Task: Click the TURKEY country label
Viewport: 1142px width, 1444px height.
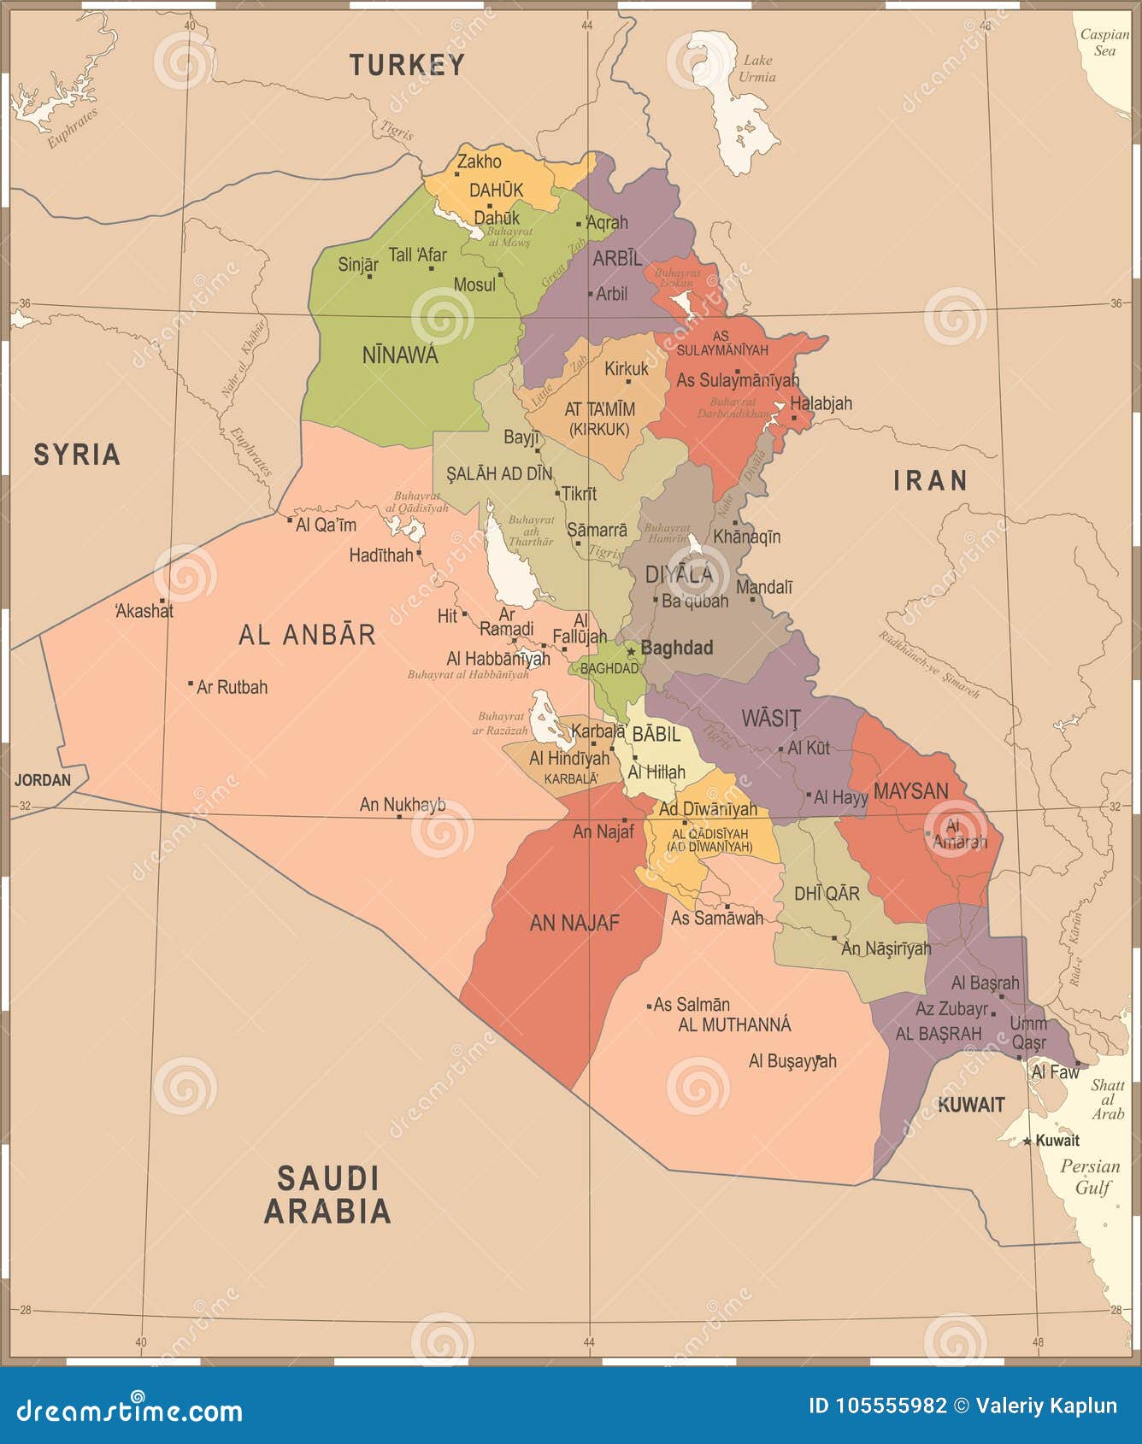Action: pyautogui.click(x=407, y=64)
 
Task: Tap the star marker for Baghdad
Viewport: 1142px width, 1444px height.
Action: pyautogui.click(x=632, y=651)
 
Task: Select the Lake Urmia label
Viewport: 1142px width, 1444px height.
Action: pyautogui.click(x=757, y=68)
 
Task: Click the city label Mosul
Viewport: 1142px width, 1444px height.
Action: pyautogui.click(x=474, y=285)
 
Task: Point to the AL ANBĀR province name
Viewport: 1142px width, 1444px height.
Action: pyautogui.click(x=307, y=635)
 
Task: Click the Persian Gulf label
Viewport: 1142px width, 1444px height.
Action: pyautogui.click(x=1091, y=1177)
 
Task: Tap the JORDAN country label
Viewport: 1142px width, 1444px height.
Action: pyautogui.click(x=43, y=780)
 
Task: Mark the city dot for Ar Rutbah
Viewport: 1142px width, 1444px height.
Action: pyautogui.click(x=190, y=684)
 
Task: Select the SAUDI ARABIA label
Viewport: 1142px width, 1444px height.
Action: pyautogui.click(x=327, y=1195)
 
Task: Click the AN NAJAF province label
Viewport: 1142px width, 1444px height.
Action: pyautogui.click(x=574, y=923)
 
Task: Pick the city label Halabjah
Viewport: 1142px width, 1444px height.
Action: pyautogui.click(x=821, y=403)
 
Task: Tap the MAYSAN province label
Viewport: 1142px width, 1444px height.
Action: pyautogui.click(x=910, y=790)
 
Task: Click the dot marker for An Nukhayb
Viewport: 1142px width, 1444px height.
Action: pyautogui.click(x=399, y=817)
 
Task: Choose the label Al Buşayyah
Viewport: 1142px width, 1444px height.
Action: pyautogui.click(x=792, y=1061)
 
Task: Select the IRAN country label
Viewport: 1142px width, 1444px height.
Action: pyautogui.click(x=930, y=481)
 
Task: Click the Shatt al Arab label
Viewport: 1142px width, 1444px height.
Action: pyautogui.click(x=1108, y=1099)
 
